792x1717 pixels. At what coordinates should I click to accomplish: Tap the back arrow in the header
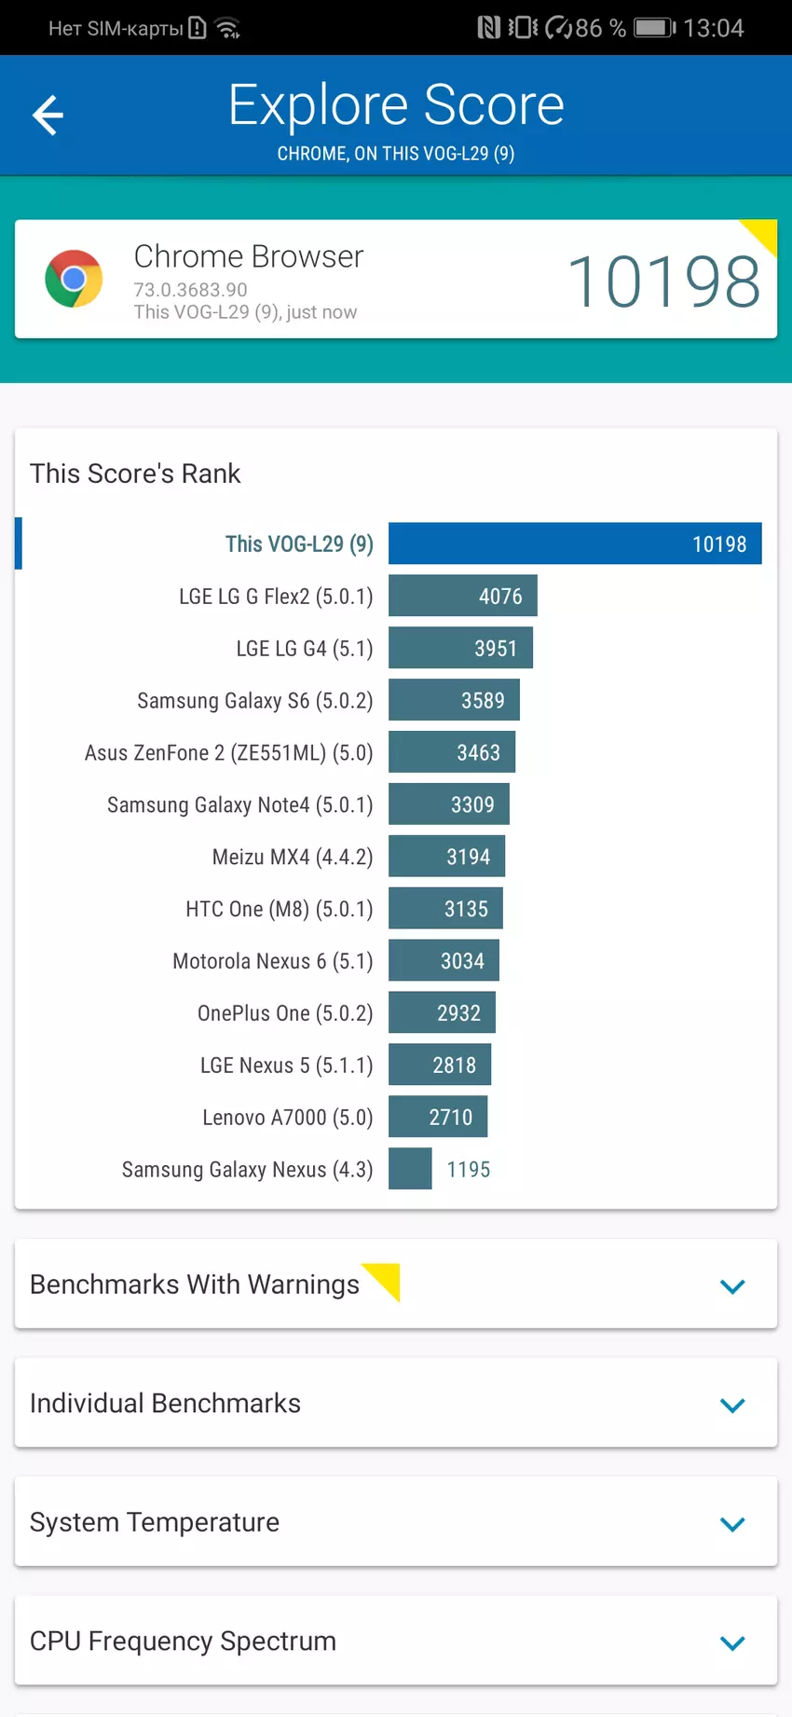48,116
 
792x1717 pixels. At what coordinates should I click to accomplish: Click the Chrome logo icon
74,279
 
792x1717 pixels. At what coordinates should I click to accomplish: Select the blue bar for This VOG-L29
575,543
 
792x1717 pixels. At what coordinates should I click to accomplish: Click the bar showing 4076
463,597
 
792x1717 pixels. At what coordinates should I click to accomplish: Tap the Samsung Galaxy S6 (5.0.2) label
254,701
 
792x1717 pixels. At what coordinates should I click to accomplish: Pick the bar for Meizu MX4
446,857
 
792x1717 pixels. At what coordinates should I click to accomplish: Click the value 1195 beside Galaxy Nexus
468,1170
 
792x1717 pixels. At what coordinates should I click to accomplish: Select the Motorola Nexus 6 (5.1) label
272,961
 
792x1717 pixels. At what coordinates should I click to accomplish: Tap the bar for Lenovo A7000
438,1118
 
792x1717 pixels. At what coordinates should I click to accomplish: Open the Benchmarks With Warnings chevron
732,1286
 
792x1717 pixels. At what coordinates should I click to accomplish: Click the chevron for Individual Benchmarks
732,1405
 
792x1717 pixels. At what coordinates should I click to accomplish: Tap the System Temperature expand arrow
732,1524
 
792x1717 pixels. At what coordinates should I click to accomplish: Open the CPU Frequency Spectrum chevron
732,1642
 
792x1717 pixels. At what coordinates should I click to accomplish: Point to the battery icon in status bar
654,28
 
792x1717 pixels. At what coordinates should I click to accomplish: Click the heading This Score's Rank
135,474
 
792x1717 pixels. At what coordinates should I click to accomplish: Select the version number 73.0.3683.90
190,290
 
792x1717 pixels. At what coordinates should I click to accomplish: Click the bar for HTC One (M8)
445,909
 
